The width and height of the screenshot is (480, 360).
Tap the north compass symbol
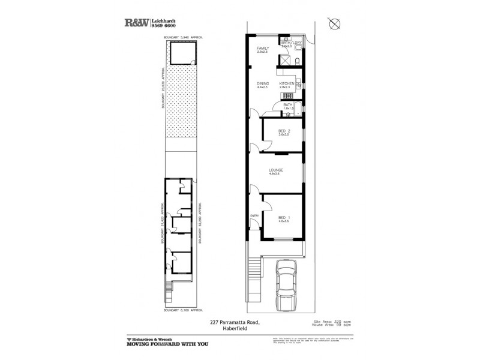(335, 23)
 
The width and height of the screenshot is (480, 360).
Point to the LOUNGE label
(276, 170)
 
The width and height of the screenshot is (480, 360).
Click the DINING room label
(263, 83)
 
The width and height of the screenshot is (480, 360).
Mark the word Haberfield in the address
(235, 327)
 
